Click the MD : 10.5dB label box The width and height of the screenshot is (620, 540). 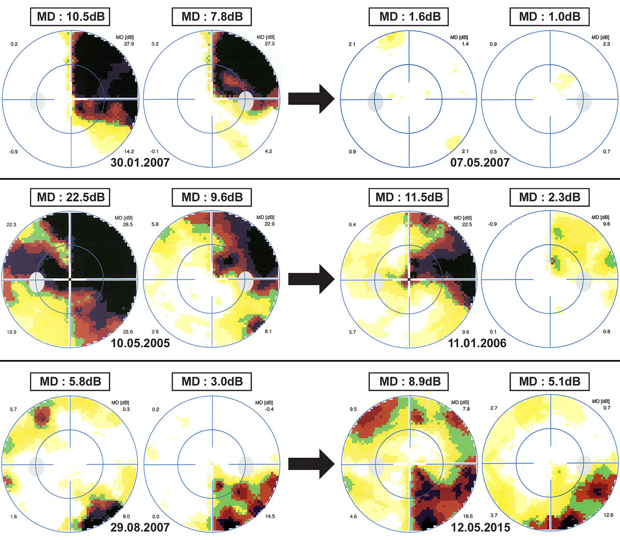point(71,17)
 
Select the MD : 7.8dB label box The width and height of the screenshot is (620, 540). point(212,17)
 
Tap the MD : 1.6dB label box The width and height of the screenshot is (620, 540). point(409,17)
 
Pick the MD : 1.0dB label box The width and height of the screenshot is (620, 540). point(550,17)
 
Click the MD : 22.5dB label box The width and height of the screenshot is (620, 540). point(71,197)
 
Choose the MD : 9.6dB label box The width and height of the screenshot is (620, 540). point(212,197)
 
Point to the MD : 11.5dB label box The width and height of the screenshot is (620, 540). point(409,197)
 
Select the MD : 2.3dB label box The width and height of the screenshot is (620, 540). point(550,197)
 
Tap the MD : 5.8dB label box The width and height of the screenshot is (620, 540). point(71,382)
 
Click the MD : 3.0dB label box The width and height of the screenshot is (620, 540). point(212,382)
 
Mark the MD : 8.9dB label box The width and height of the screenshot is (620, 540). point(409,382)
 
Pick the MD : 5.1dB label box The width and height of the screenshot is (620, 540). point(550,382)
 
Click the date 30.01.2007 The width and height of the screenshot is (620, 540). point(140,162)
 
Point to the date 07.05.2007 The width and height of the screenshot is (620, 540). point(480,162)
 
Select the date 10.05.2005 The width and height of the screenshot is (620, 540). point(140,343)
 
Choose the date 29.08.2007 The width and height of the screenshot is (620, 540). point(140,528)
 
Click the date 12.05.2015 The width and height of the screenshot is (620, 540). point(480,528)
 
